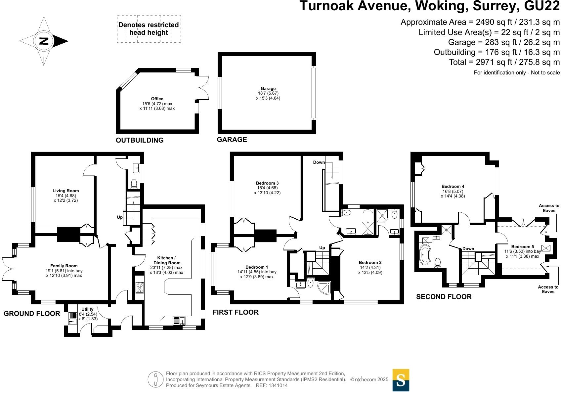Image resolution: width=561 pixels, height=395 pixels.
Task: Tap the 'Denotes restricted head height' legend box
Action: pos(149,29)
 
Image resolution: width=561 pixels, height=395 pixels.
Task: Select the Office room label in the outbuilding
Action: pos(157,99)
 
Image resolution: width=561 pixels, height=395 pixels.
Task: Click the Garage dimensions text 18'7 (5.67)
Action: pos(268,93)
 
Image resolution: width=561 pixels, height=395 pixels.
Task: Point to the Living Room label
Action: pos(65,191)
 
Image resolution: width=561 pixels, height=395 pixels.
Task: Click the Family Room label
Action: pos(64,266)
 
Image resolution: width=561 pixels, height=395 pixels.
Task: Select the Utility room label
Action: pos(87,309)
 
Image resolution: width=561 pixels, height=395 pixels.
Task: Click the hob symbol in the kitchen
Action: pos(140,288)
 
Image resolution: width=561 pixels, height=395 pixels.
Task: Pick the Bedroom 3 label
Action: pos(267,183)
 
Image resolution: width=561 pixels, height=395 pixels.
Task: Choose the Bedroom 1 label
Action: pos(257,267)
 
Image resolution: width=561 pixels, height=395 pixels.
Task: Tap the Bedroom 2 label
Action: pos(370,262)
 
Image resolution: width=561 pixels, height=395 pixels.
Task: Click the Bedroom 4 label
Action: pos(453,186)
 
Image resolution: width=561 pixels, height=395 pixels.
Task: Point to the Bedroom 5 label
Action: pos(522,246)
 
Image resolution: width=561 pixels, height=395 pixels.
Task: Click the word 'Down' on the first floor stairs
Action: pos(319,162)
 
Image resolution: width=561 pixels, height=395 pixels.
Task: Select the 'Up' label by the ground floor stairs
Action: pos(120,217)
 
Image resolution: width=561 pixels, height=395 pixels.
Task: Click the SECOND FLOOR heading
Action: pos(444,297)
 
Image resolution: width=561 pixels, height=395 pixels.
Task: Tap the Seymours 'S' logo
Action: pos(401,380)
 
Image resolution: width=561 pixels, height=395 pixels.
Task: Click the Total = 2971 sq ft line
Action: pos(504,62)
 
